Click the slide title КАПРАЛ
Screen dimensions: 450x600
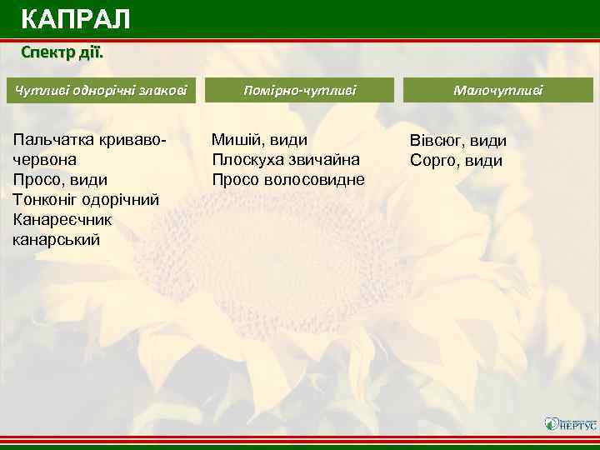(x=75, y=18)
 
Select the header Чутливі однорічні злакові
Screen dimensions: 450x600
(x=100, y=90)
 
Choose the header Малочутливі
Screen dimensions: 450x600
(x=498, y=90)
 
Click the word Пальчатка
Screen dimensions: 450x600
(x=51, y=139)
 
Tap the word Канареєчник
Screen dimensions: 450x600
(x=63, y=219)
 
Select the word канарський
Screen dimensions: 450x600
(x=57, y=239)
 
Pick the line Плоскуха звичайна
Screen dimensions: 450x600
(x=286, y=159)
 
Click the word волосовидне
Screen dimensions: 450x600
(x=314, y=179)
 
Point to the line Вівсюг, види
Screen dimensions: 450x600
(x=458, y=141)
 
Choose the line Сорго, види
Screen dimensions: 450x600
(x=456, y=160)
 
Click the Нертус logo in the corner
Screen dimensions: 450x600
(x=569, y=423)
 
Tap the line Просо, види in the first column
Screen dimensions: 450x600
(x=61, y=179)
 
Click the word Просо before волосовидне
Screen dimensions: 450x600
(x=235, y=179)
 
